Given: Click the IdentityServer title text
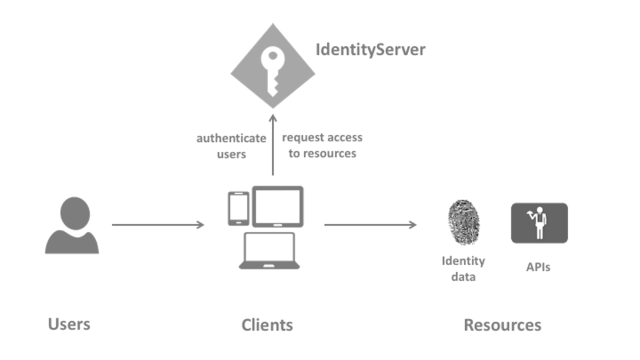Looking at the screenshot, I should [x=370, y=50].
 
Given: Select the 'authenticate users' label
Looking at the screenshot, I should [x=231, y=146].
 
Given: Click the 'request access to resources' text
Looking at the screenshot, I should [x=322, y=145].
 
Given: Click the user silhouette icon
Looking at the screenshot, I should [x=72, y=226].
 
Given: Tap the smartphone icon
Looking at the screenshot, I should [x=238, y=208].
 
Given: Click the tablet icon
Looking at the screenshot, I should [x=277, y=206].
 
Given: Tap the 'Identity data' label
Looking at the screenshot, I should [x=463, y=268].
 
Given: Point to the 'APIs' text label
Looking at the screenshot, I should [x=538, y=267].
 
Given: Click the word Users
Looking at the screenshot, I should [x=69, y=324].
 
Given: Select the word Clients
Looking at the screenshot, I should [x=267, y=325].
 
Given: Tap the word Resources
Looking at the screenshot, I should [x=502, y=325].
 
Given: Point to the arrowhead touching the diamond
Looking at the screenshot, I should [x=272, y=117].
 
